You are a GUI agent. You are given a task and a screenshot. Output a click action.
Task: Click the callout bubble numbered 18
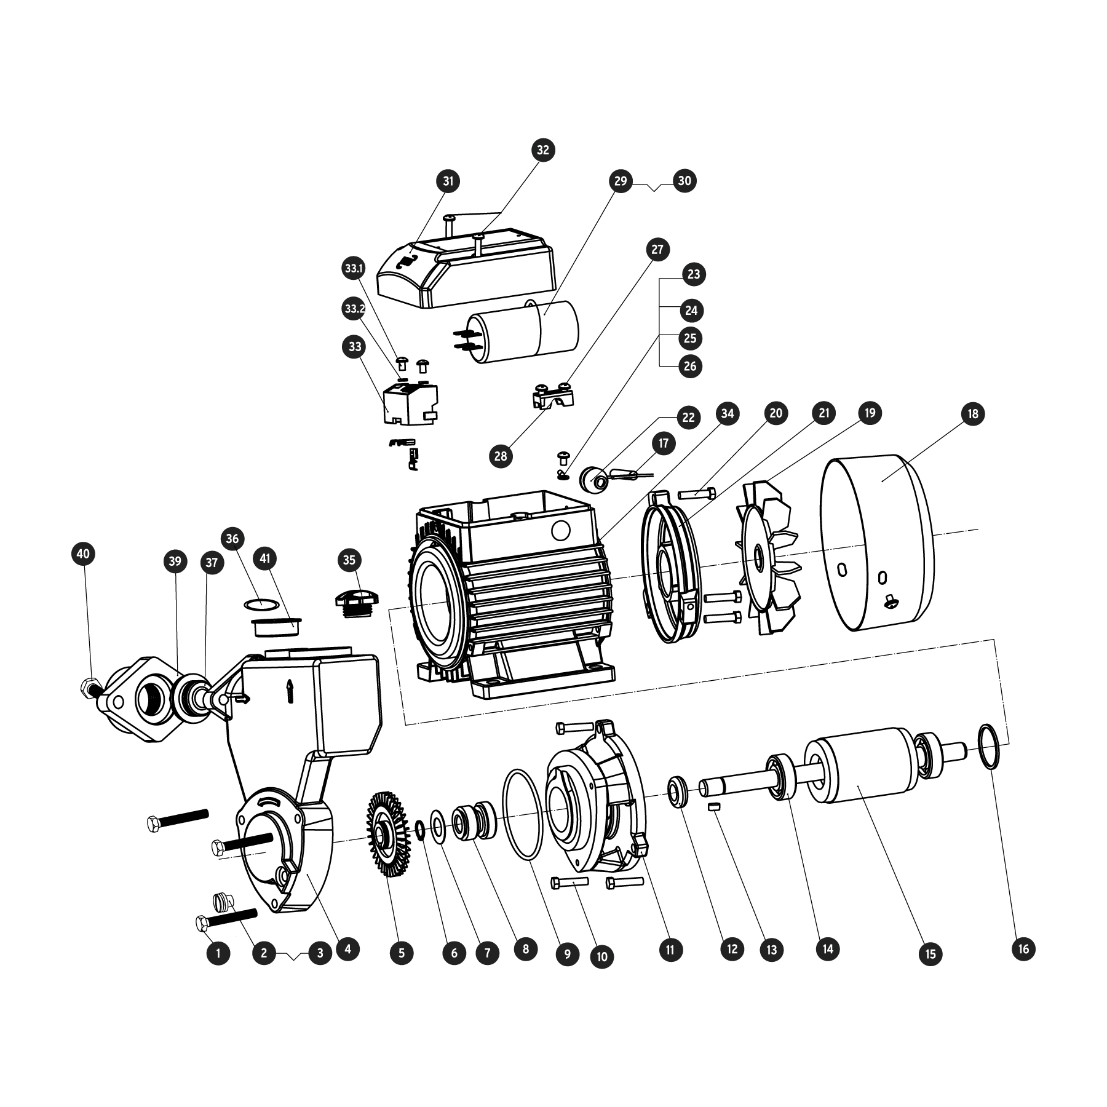pyautogui.click(x=972, y=413)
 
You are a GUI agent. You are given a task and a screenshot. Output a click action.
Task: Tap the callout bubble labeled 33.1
pyautogui.click(x=354, y=269)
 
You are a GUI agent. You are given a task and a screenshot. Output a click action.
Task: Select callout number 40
pyautogui.click(x=83, y=553)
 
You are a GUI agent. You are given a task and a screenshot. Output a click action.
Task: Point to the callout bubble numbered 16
pyautogui.click(x=1023, y=949)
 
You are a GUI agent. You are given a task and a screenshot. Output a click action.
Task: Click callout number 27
pyautogui.click(x=657, y=249)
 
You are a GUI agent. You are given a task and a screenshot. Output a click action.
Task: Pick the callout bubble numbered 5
pyautogui.click(x=402, y=953)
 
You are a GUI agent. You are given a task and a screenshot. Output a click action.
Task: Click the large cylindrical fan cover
pyautogui.click(x=878, y=542)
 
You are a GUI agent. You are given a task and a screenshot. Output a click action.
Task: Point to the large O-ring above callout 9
pyautogui.click(x=523, y=814)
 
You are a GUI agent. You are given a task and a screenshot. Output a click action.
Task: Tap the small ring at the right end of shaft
pyautogui.click(x=989, y=746)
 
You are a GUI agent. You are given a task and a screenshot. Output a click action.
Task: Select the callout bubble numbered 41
pyautogui.click(x=265, y=558)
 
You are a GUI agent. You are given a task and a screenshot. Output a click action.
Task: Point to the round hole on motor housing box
pyautogui.click(x=561, y=530)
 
